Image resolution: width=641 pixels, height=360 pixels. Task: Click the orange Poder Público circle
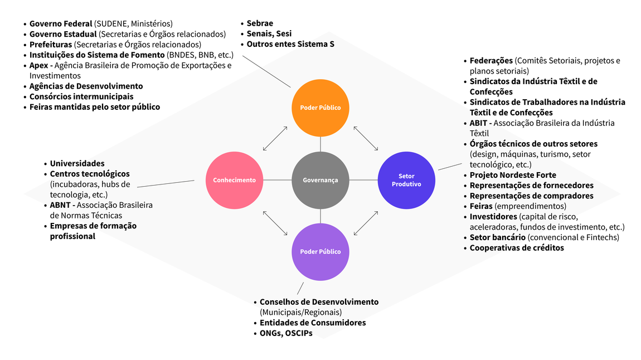point(320,108)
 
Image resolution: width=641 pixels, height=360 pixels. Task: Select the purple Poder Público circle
point(320,251)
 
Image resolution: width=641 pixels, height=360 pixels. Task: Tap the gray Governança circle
point(320,180)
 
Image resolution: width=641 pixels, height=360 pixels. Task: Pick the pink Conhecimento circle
point(234,180)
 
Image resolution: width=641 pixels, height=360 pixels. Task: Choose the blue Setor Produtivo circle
point(406,180)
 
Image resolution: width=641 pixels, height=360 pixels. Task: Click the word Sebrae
point(260,23)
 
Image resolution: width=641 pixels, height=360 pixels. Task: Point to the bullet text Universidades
point(77,164)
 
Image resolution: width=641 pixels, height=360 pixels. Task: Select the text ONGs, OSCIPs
point(286,333)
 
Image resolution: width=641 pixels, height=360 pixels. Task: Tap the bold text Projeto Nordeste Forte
point(513,175)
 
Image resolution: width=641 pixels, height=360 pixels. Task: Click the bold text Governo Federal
point(61,23)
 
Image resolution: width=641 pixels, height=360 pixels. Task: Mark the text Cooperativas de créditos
point(517,248)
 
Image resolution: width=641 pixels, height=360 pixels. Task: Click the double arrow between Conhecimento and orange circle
point(275,138)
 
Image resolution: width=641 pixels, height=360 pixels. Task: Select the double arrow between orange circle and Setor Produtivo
point(366,138)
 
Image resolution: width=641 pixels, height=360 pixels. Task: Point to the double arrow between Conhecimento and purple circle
point(275,222)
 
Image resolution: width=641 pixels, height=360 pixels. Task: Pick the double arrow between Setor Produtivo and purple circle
point(366,222)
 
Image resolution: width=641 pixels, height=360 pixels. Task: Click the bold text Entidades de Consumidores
point(313,323)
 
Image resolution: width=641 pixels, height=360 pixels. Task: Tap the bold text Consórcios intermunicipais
point(81,96)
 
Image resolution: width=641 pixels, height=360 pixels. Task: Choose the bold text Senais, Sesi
point(269,34)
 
